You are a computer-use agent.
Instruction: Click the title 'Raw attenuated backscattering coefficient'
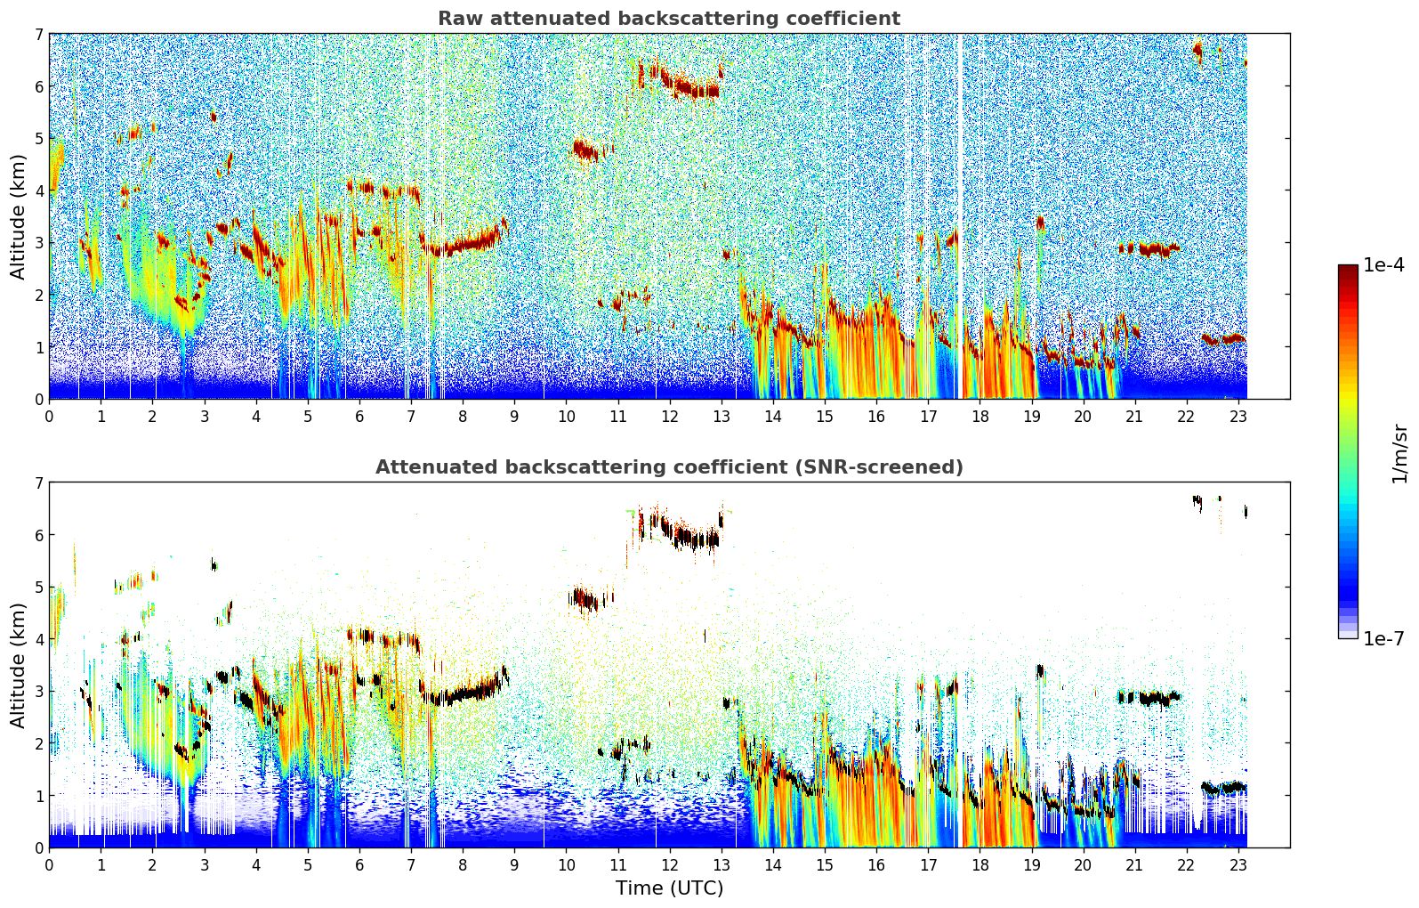(x=668, y=19)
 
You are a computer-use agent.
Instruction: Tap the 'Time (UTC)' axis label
(x=669, y=888)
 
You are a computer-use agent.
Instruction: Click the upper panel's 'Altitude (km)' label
(x=18, y=216)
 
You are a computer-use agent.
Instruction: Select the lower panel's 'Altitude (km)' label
(x=18, y=665)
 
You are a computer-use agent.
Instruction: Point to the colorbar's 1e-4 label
(x=1383, y=265)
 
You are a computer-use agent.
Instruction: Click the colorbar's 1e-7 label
(x=1383, y=639)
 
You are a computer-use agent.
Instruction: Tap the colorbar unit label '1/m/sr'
(x=1399, y=452)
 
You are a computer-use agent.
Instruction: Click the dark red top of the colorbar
(x=1347, y=270)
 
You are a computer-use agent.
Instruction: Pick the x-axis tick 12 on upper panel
(x=670, y=416)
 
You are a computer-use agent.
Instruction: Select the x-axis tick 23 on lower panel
(x=1238, y=864)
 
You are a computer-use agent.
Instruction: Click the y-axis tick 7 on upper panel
(x=38, y=35)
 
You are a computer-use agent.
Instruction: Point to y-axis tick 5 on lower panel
(x=38, y=588)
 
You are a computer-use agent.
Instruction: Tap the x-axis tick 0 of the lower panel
(x=49, y=864)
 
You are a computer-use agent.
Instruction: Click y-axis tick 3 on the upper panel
(x=38, y=243)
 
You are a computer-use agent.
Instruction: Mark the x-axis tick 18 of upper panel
(x=980, y=416)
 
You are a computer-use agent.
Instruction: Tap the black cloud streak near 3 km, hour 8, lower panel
(x=463, y=693)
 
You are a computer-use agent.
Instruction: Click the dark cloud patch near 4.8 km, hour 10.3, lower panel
(x=584, y=598)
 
